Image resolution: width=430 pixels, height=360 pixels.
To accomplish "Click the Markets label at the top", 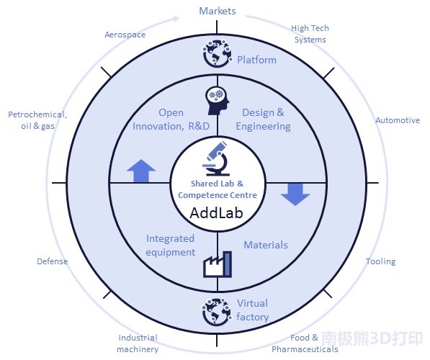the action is [218, 11].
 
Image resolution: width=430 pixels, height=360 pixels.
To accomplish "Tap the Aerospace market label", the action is [125, 35].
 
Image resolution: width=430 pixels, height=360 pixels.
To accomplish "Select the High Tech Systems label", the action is [310, 34].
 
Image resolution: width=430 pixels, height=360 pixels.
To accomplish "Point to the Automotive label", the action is [398, 120].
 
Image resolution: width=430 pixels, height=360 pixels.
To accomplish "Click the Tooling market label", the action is [380, 261].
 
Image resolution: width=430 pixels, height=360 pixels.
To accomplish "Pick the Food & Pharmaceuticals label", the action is [305, 343].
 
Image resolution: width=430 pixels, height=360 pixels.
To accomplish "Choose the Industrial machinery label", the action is [138, 343].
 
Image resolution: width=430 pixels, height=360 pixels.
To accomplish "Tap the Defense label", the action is [52, 261].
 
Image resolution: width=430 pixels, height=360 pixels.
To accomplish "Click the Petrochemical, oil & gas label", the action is [37, 120].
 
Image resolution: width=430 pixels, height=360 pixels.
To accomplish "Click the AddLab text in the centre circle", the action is [216, 213].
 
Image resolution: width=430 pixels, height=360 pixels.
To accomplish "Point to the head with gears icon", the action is [218, 101].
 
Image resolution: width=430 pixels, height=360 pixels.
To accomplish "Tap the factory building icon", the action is [218, 264].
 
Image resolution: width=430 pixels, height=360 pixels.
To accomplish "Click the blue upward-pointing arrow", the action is [141, 171].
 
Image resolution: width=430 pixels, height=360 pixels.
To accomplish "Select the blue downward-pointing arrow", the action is [295, 194].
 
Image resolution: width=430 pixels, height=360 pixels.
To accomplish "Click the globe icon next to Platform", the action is [218, 53].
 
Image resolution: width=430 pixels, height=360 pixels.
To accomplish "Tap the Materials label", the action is [266, 245].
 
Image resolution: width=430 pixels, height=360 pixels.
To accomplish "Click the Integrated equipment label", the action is [170, 246].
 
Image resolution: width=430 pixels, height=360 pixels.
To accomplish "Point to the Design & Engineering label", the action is [264, 120].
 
